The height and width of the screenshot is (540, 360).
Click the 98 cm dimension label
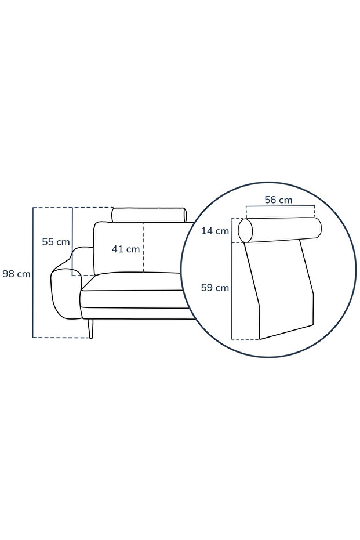click(16, 274)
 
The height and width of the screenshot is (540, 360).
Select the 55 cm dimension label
click(56, 242)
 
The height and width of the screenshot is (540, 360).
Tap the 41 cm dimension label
click(126, 249)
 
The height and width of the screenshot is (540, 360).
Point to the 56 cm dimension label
click(278, 200)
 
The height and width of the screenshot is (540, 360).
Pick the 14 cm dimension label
click(215, 231)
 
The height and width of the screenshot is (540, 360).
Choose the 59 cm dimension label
click(215, 288)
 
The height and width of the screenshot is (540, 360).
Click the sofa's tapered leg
click(90, 328)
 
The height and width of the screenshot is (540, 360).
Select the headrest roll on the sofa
click(149, 215)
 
